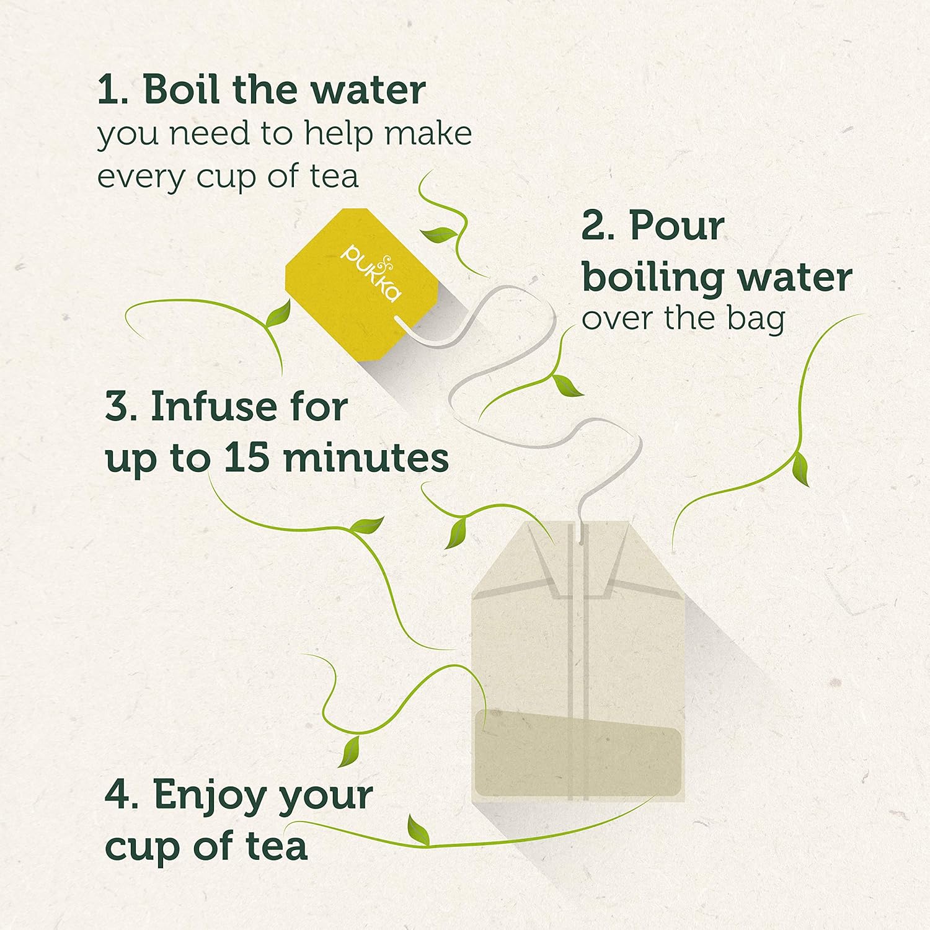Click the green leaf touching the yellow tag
[x=278, y=315]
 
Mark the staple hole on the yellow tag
[x=398, y=321]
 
